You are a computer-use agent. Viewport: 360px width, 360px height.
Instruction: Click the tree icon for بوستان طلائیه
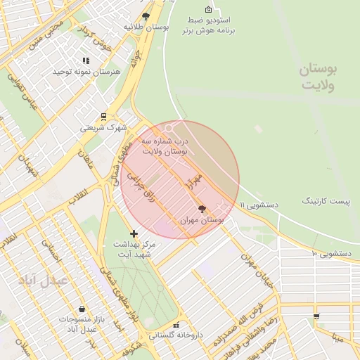(x=146, y=15)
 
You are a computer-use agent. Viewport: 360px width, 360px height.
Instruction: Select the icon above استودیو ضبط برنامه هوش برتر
(x=208, y=9)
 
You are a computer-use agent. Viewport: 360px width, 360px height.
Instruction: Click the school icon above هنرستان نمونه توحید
(x=86, y=61)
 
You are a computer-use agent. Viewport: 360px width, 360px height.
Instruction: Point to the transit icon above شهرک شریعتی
(x=103, y=117)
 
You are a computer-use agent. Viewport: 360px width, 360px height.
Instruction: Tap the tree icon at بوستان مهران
(x=202, y=210)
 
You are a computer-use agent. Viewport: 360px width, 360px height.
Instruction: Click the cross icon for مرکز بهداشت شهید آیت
(x=134, y=233)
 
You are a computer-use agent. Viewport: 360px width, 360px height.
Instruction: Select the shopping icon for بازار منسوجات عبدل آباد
(x=82, y=309)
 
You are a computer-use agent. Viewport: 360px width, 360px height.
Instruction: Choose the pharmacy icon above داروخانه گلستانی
(x=176, y=325)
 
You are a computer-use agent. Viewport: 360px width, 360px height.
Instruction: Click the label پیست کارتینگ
(x=326, y=201)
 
